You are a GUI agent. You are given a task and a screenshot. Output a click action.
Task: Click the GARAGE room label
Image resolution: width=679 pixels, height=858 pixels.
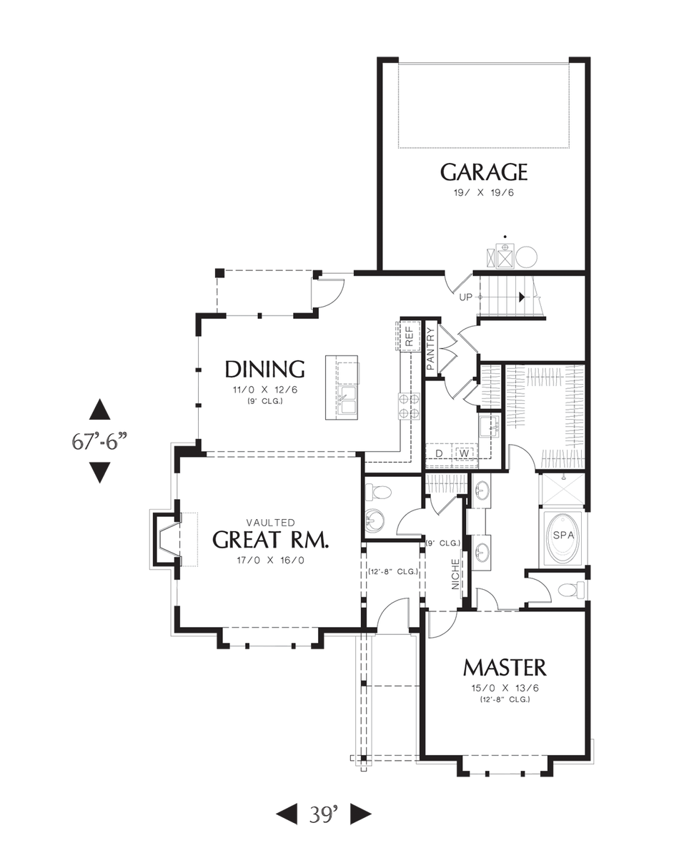point(483,172)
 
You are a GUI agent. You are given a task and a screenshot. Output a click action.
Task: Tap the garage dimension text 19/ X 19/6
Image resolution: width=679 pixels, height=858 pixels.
point(483,193)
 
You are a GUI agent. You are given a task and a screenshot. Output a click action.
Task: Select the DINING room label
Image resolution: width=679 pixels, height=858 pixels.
point(264,369)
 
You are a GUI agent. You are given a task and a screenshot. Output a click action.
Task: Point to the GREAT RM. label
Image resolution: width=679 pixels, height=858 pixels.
point(271,540)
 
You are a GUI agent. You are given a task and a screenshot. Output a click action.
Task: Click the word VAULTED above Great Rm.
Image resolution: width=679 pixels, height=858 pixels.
point(270,523)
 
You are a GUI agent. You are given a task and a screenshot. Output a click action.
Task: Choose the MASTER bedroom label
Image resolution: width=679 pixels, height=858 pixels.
point(505,668)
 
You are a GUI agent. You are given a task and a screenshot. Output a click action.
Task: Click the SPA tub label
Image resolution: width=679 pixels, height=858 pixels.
point(562,535)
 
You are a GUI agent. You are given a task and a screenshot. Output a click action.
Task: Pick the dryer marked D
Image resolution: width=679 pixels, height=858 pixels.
point(440,453)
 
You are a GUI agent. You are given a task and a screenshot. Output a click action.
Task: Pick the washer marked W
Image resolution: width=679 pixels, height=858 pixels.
point(464,453)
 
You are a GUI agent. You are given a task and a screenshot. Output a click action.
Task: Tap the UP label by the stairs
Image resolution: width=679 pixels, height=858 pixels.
point(466,297)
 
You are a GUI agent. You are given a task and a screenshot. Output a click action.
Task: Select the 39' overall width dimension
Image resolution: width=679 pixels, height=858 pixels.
point(323,813)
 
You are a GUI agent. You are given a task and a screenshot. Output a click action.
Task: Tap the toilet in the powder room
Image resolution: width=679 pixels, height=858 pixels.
point(379,493)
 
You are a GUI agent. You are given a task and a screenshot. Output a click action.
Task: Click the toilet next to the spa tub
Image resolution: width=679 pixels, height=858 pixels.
point(570,590)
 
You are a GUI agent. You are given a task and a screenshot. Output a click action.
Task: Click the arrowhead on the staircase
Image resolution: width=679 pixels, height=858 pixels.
point(523,297)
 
